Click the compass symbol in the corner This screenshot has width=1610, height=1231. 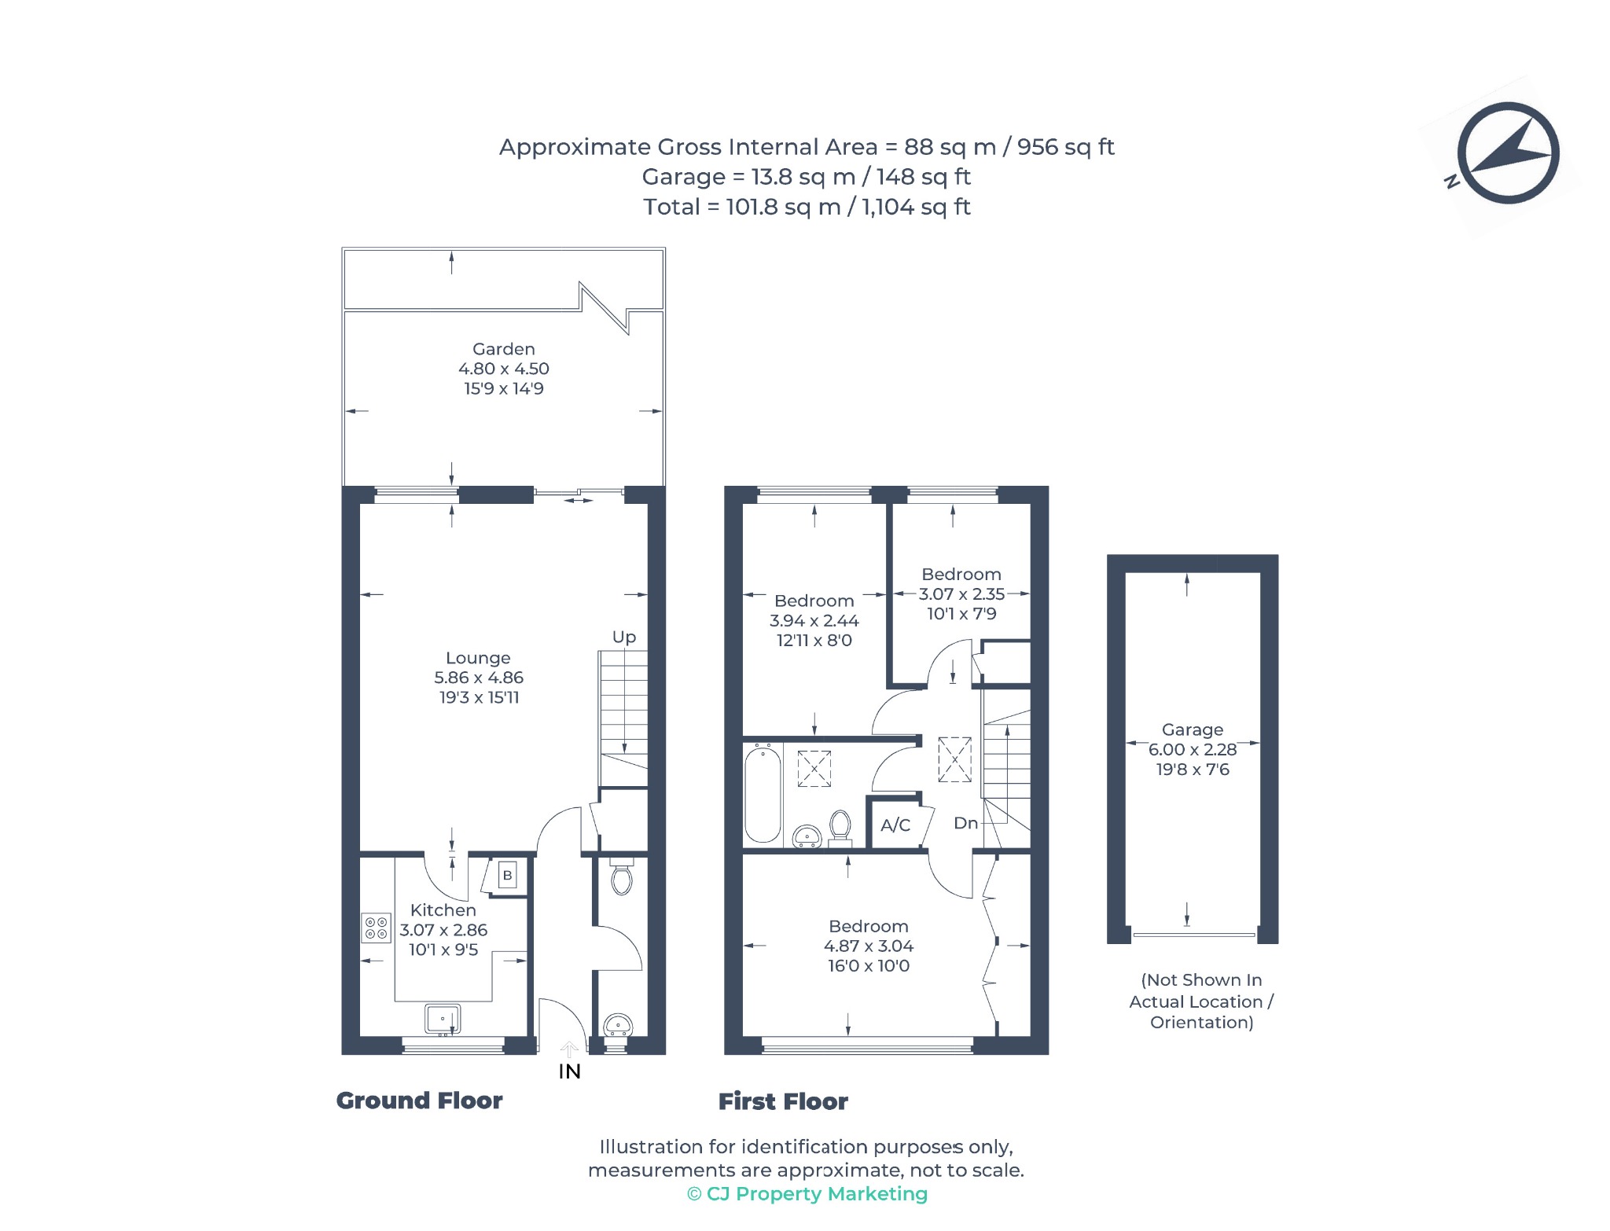coord(1507,153)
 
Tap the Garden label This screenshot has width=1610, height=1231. coord(504,349)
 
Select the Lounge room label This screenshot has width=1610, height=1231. coord(478,658)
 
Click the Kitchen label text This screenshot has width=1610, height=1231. coord(443,910)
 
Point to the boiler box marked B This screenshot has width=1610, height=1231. coord(508,875)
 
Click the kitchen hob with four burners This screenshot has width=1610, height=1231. coord(376,928)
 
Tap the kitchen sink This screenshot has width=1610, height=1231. coord(443,1020)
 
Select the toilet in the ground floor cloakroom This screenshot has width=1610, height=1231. coord(621,877)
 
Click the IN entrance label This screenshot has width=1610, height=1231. coord(569,1071)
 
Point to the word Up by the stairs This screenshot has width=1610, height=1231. coord(624,637)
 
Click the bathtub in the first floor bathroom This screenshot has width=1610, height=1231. coord(763,794)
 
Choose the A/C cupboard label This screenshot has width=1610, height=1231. coord(895,825)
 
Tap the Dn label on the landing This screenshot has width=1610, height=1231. coord(965,823)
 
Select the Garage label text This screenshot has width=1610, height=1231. coord(1193,729)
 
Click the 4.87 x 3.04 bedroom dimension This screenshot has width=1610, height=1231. coord(869,946)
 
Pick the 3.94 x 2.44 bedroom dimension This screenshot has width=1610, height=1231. coord(814,620)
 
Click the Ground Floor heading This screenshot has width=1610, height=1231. coord(419,1101)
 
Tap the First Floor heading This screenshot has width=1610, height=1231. coord(783,1101)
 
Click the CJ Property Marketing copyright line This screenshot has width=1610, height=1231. coord(807,1194)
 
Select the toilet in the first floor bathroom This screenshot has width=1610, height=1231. coord(840,828)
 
